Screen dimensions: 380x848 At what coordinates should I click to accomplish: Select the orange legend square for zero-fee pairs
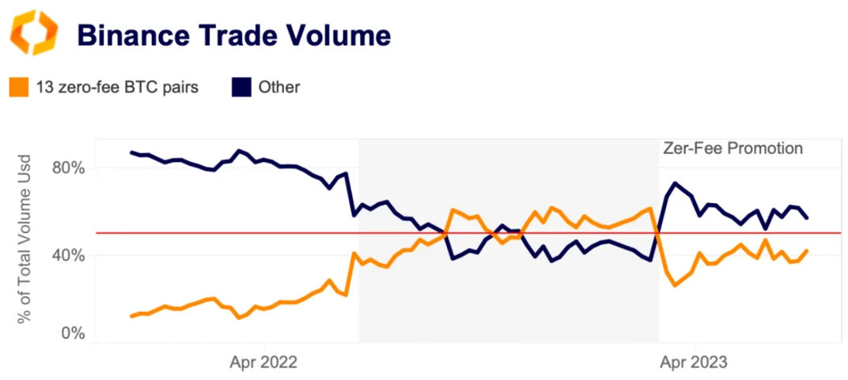click(x=18, y=87)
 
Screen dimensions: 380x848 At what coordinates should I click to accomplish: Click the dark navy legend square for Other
click(x=240, y=87)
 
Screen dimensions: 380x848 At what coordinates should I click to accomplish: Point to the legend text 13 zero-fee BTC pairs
click(x=117, y=87)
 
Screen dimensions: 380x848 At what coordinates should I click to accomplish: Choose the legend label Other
click(x=279, y=87)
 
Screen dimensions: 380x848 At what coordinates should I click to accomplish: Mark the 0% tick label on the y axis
click(x=70, y=333)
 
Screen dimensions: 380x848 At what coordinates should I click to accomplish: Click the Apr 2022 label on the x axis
click(x=263, y=363)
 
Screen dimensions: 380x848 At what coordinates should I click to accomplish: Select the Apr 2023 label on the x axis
click(x=694, y=363)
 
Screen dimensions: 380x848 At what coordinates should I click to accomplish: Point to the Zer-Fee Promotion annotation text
click(x=732, y=149)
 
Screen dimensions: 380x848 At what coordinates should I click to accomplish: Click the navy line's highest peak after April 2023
click(x=675, y=183)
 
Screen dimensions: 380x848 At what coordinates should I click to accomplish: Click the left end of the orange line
click(x=131, y=316)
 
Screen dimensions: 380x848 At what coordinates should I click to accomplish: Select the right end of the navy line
click(x=806, y=218)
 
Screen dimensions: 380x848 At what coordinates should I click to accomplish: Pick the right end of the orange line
click(x=806, y=250)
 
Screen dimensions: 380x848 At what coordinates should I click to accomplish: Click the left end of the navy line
click(x=131, y=152)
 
